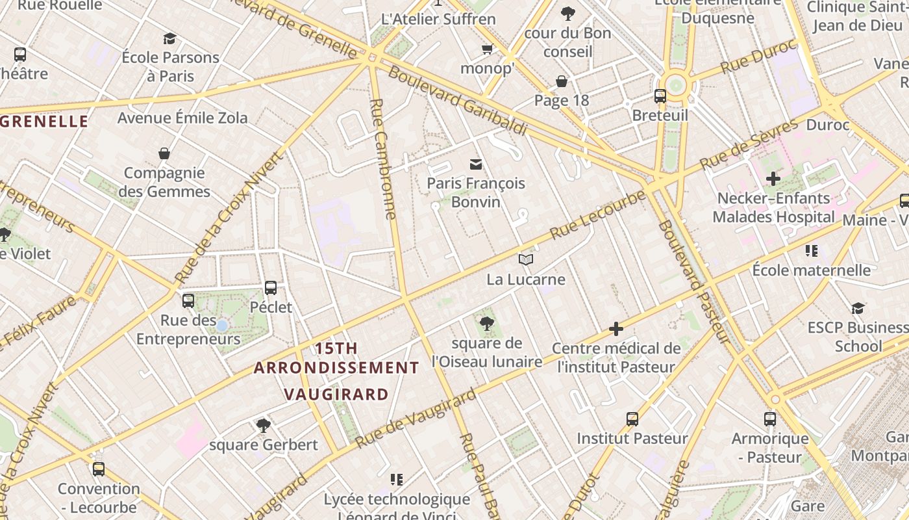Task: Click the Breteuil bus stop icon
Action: pyautogui.click(x=660, y=96)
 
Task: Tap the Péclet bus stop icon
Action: pyautogui.click(x=271, y=287)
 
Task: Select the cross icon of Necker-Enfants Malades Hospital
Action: pyautogui.click(x=773, y=178)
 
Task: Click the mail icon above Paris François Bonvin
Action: pyautogui.click(x=476, y=164)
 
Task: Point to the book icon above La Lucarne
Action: pyautogui.click(x=526, y=260)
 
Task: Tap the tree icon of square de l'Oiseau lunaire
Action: pyautogui.click(x=486, y=323)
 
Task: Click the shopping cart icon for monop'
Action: pyautogui.click(x=487, y=49)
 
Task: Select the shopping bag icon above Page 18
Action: pyautogui.click(x=562, y=81)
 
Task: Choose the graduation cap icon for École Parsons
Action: pyautogui.click(x=169, y=38)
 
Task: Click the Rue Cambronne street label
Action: pyautogui.click(x=382, y=159)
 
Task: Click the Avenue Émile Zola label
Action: pyautogui.click(x=182, y=118)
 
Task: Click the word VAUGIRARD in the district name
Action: pyautogui.click(x=336, y=394)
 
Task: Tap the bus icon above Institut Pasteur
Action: pyautogui.click(x=632, y=419)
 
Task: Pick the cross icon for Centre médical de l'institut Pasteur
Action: pyautogui.click(x=616, y=330)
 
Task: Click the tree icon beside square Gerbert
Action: pyautogui.click(x=263, y=426)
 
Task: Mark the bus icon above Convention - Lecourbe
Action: pyautogui.click(x=98, y=469)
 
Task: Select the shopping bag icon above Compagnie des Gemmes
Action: pyautogui.click(x=164, y=153)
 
